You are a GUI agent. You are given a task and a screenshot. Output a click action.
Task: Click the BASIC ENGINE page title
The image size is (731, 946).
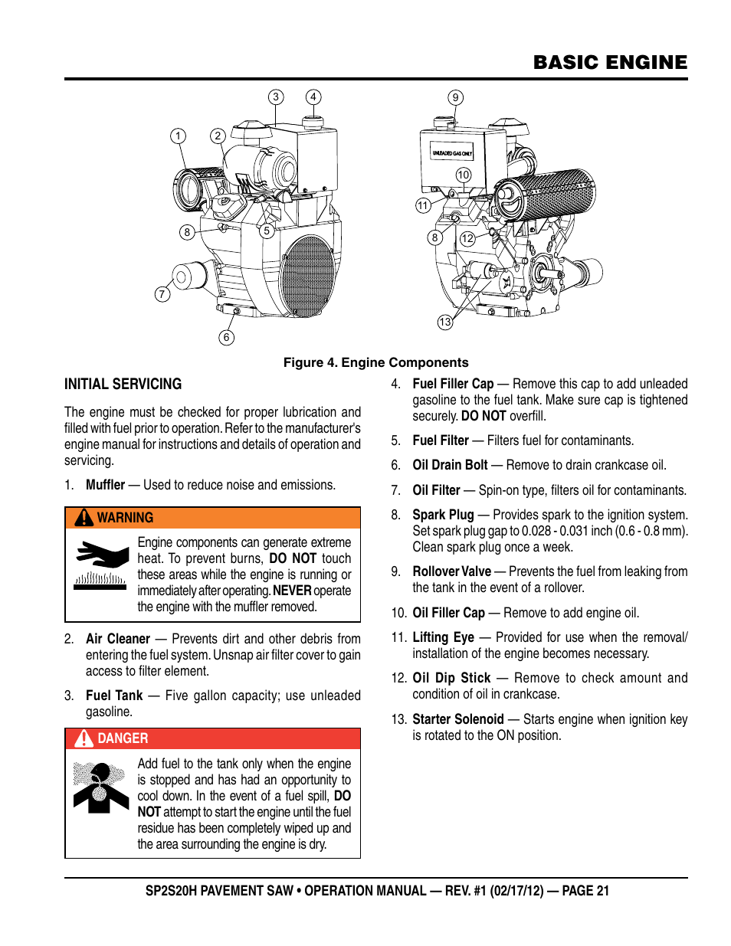click(x=610, y=62)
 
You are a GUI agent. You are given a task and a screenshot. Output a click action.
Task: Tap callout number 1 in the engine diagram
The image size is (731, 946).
click(x=178, y=136)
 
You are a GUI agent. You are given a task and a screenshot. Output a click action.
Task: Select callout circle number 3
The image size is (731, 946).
click(x=276, y=97)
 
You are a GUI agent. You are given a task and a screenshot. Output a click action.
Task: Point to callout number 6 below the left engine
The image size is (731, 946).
click(x=226, y=337)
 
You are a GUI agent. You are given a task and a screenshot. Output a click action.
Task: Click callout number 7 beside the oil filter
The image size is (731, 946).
click(x=162, y=294)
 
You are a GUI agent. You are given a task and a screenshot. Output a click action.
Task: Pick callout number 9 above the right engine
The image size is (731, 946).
click(x=456, y=97)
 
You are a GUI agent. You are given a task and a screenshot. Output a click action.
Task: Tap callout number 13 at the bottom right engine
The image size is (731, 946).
click(x=445, y=322)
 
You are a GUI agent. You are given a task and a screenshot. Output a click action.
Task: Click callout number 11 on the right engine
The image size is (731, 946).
click(x=423, y=205)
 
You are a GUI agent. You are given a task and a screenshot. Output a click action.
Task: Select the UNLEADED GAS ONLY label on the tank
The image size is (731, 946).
click(x=452, y=152)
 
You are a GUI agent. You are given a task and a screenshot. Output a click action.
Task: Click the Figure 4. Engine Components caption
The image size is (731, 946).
click(x=375, y=362)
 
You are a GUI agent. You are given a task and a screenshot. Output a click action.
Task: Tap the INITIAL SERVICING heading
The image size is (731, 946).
click(x=123, y=384)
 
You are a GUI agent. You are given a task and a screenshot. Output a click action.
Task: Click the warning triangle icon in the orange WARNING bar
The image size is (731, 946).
click(x=84, y=518)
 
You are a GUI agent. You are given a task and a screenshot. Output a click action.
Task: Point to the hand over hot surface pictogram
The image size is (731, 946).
click(x=100, y=565)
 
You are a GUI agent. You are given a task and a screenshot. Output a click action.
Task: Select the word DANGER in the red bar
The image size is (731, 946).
click(x=123, y=738)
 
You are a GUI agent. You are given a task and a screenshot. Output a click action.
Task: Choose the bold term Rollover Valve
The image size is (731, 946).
click(x=451, y=571)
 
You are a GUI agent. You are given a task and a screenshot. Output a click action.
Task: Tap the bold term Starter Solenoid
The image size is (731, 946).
click(x=457, y=719)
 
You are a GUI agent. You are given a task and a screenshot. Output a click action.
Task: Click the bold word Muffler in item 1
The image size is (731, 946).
click(x=105, y=485)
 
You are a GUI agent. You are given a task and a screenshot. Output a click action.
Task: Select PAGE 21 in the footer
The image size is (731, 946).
click(x=585, y=891)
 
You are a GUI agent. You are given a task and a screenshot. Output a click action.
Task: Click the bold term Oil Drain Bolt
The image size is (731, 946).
click(x=450, y=465)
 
